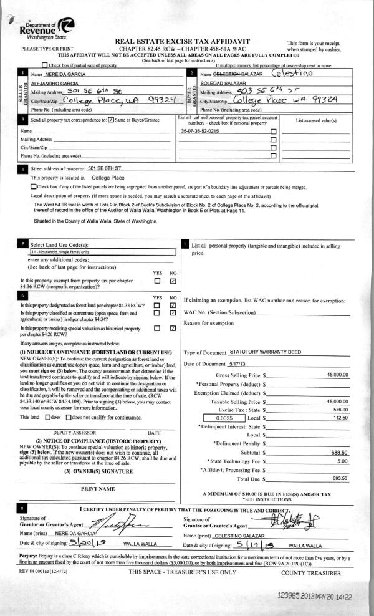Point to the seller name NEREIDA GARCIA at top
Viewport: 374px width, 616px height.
pos(62,75)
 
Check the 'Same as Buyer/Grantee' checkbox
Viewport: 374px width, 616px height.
pos(111,119)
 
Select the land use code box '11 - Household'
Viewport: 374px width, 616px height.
pos(103,252)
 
